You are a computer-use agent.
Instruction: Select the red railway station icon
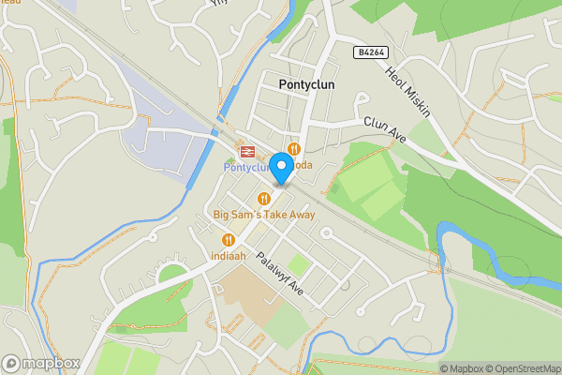click(248, 151)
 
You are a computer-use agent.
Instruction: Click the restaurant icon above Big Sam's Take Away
click(264, 199)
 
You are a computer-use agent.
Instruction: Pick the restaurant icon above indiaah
click(228, 240)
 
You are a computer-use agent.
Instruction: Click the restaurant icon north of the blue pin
click(294, 149)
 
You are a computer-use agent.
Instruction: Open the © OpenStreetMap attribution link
click(522, 368)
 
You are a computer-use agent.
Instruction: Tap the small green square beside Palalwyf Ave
click(298, 265)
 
